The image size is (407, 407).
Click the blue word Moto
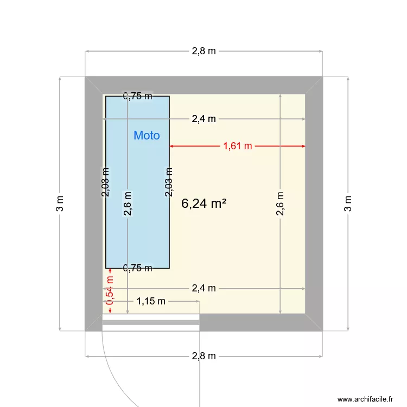(147, 136)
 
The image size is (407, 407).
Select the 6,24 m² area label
(203, 203)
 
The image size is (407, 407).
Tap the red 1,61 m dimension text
(238, 146)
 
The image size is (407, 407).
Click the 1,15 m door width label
(151, 301)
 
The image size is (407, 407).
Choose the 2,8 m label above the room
(203, 52)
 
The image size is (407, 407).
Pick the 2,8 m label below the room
(203, 356)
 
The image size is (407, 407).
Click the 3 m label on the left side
(60, 203)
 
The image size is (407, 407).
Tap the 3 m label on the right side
(348, 203)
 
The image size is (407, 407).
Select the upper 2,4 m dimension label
(203, 119)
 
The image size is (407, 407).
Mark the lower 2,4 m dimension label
(203, 288)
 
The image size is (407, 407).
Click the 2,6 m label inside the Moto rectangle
(128, 203)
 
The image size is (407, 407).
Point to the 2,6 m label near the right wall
(280, 204)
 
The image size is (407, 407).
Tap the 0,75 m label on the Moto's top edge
(137, 97)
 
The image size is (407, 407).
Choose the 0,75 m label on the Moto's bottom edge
(137, 268)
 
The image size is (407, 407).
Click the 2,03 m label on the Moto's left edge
(106, 181)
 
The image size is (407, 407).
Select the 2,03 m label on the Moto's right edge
(169, 181)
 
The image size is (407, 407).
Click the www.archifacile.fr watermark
(364, 398)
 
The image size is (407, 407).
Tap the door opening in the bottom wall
(151, 322)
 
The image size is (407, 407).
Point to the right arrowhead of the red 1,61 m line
(303, 146)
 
